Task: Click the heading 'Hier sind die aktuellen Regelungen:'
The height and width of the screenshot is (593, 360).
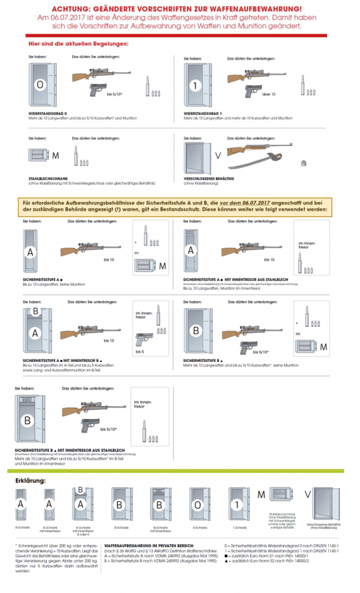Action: click(79, 44)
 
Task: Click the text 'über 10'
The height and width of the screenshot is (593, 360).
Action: click(268, 93)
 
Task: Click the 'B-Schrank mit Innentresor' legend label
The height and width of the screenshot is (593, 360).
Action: click(160, 529)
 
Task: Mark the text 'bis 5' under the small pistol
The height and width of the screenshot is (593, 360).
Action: click(139, 351)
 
